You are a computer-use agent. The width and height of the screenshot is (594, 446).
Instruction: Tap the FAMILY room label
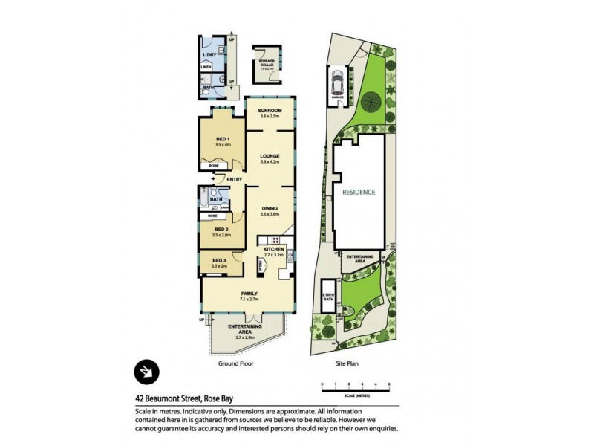pos(249,294)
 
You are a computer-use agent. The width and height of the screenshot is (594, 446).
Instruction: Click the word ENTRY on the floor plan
pos(235,179)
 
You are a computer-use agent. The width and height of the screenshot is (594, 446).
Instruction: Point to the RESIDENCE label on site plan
pos(359,192)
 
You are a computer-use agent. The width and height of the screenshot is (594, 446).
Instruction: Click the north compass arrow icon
pos(146,369)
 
